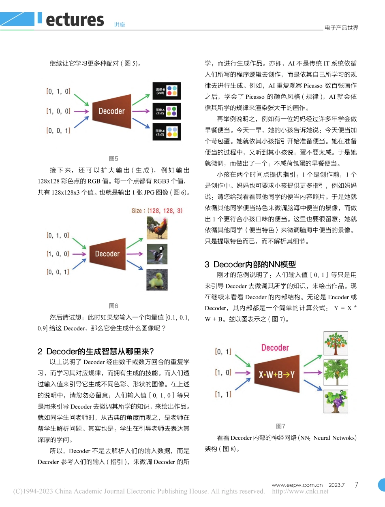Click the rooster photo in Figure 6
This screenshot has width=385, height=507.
pyautogui.click(x=157, y=228)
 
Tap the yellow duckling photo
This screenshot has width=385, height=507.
pyautogui.click(x=157, y=279)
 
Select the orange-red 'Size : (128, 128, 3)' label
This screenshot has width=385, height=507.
pyautogui.click(x=157, y=211)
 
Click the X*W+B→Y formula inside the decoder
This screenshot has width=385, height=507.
pyautogui.click(x=277, y=375)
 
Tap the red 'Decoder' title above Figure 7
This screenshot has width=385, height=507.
pyautogui.click(x=275, y=348)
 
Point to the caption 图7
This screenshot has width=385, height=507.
pyautogui.click(x=280, y=426)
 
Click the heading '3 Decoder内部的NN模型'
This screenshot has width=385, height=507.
pyautogui.click(x=250, y=264)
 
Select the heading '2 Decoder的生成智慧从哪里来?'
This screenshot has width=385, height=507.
pyautogui.click(x=96, y=351)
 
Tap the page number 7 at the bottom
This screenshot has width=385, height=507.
pyautogui.click(x=356, y=485)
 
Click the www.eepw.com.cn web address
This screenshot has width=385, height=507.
pyautogui.click(x=297, y=485)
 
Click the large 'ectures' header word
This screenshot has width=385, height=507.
pyautogui.click(x=75, y=19)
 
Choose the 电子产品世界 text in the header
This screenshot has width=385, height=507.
pyautogui.click(x=341, y=28)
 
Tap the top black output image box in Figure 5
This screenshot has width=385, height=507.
pyautogui.click(x=167, y=90)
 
